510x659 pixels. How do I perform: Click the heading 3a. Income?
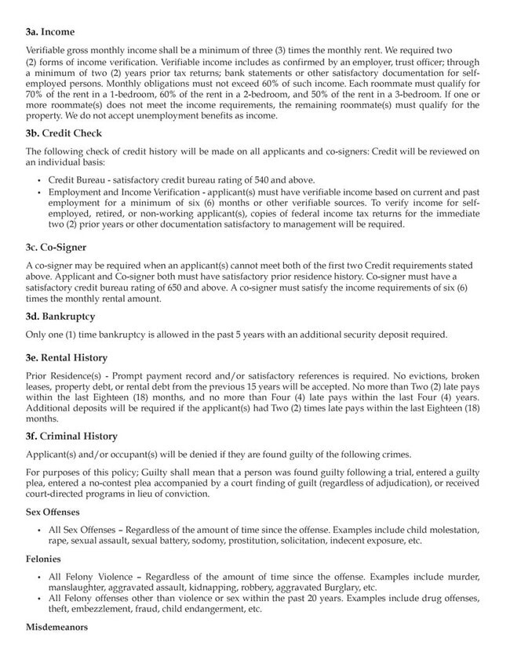point(50,32)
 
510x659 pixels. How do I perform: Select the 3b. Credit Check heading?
point(64,133)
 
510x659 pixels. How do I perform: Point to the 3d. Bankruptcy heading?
point(60,317)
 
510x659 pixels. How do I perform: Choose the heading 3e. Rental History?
point(67,357)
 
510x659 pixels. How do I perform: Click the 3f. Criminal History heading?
point(71,436)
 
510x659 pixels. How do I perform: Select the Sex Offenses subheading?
point(53,511)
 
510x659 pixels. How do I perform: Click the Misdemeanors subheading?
point(56,628)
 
